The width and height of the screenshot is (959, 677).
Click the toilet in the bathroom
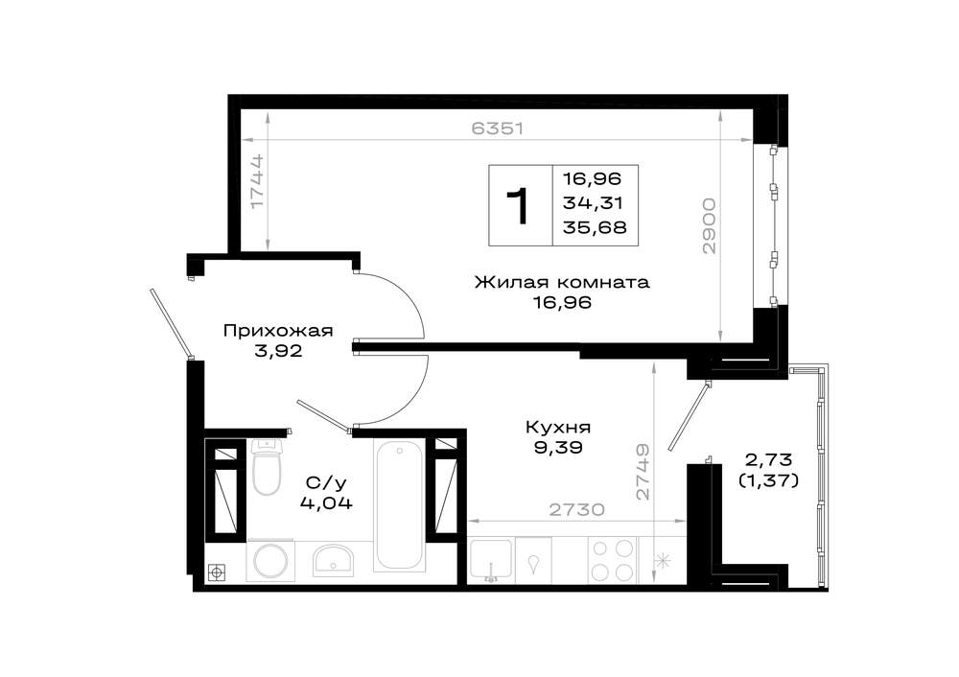267,468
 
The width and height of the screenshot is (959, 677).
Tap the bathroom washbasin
334,560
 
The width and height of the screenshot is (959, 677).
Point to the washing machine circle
270,561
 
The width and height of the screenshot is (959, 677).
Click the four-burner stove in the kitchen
612,560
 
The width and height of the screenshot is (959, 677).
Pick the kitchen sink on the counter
491,560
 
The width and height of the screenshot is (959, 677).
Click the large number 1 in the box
518,206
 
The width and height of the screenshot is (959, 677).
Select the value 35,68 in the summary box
595,227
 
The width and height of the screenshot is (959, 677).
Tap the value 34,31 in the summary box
593,203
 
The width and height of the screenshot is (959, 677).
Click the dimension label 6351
498,128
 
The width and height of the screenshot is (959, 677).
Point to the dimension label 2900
709,225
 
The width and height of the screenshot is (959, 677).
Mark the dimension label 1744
257,180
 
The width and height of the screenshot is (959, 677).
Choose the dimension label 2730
576,509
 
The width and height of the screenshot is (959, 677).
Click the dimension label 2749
643,472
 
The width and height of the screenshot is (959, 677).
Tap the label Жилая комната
562,283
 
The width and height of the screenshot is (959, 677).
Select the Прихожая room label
278,332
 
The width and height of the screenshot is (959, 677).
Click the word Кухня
558,427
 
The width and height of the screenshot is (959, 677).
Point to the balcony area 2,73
768,458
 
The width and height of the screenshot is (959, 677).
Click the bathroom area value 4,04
326,503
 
